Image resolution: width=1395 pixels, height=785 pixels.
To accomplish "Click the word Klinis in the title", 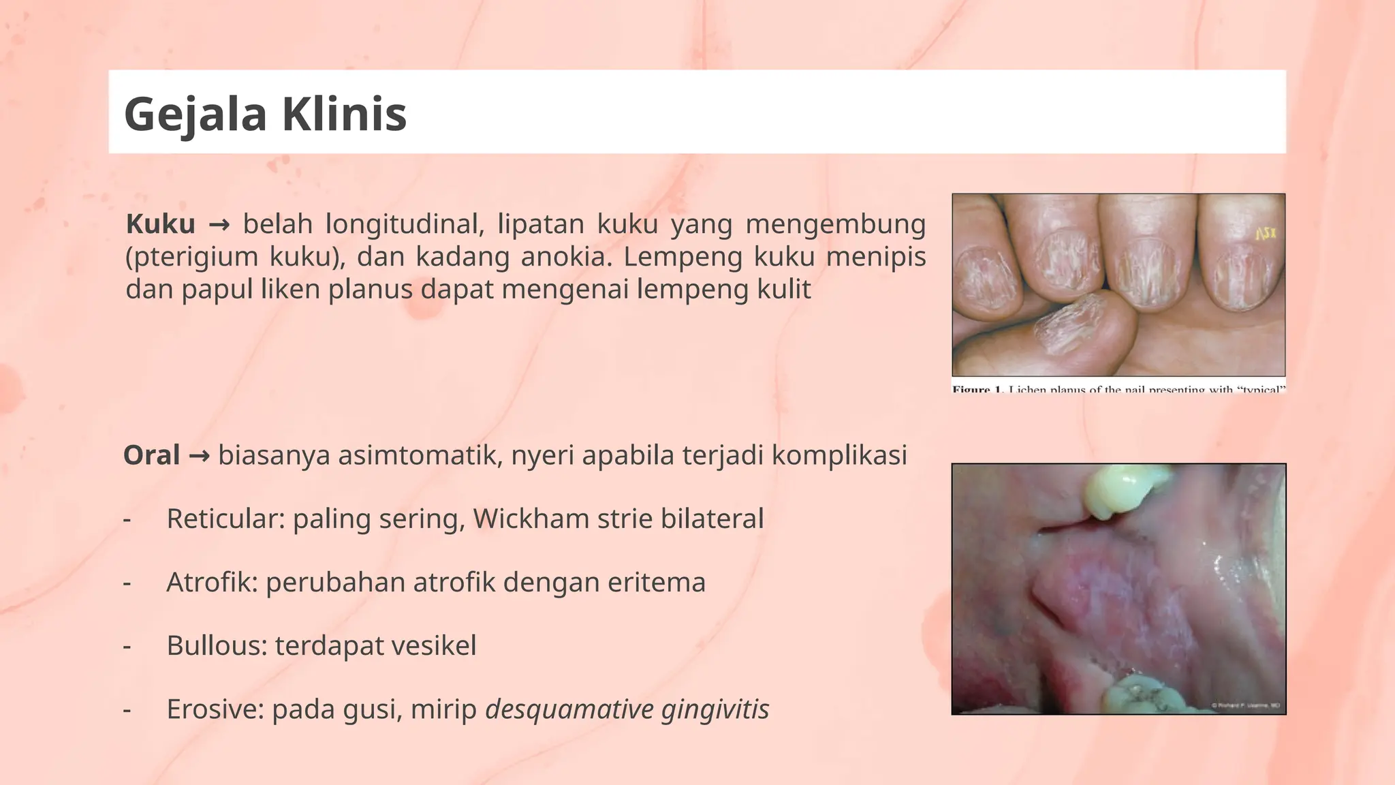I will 344,114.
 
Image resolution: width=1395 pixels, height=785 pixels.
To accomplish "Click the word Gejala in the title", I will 195,114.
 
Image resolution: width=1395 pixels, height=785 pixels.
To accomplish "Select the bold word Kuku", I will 161,224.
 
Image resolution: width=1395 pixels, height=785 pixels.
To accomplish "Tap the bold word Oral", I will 151,455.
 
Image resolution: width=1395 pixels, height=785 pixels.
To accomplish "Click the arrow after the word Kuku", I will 219,224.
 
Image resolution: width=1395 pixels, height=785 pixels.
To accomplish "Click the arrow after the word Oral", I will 199,455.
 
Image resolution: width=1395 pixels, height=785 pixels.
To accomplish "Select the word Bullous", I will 217,646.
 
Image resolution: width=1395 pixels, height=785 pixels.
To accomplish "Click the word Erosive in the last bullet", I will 215,709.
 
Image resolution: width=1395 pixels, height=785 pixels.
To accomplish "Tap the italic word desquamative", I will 569,709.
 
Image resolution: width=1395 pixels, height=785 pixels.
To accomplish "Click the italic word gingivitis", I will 715,709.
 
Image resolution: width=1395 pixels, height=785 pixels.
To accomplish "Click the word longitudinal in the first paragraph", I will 405,224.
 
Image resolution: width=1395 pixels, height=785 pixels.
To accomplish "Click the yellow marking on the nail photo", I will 1265,234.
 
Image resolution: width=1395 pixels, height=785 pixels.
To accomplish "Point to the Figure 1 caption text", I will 1118,389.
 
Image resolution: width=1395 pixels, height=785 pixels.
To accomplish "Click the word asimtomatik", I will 420,455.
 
